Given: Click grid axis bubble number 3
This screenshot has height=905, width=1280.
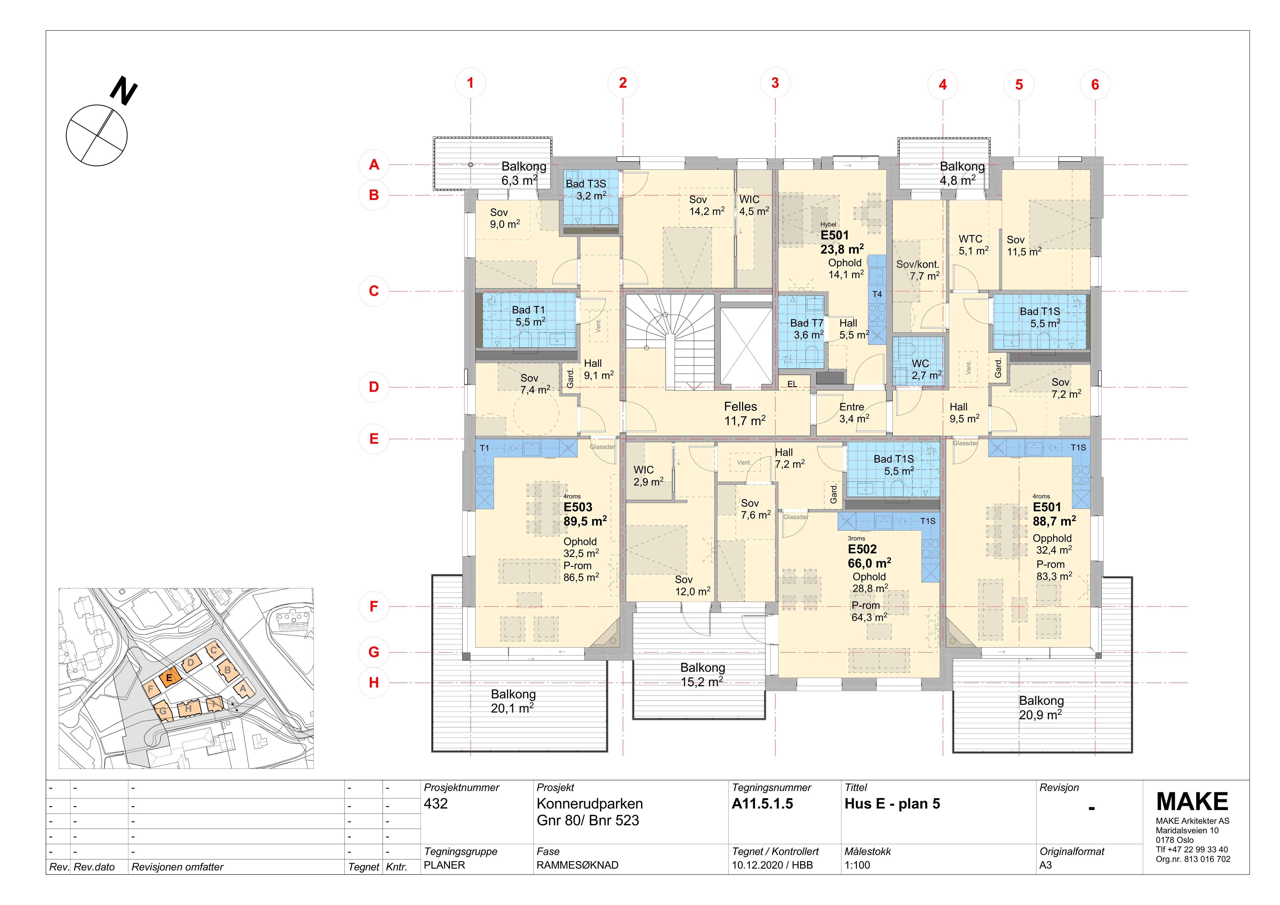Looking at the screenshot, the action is tap(775, 83).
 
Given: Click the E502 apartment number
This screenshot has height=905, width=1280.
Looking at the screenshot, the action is tap(862, 550).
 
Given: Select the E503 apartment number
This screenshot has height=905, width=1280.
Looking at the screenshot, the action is tap(577, 507).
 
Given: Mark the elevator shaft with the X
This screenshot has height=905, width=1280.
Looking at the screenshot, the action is tap(746, 346).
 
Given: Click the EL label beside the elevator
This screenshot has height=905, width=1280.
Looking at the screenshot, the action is tap(792, 384).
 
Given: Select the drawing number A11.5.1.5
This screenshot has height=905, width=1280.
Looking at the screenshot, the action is tap(762, 804).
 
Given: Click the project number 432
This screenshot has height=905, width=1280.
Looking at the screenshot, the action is tap(436, 804).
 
